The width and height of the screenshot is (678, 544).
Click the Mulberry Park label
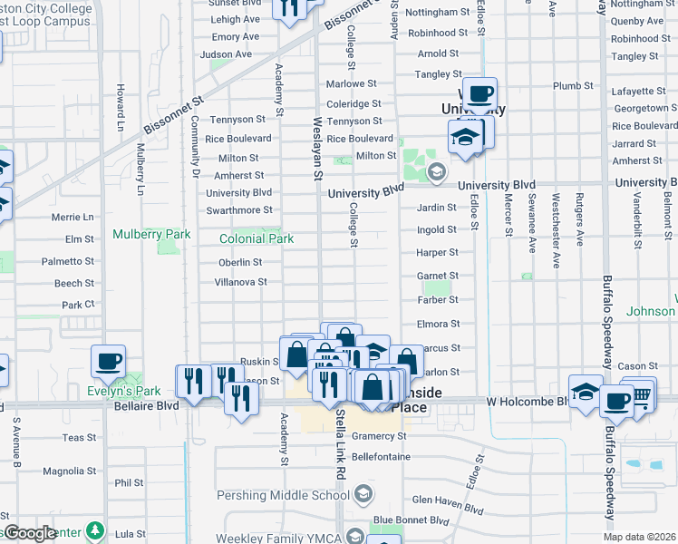151,234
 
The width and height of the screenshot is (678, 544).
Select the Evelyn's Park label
124,392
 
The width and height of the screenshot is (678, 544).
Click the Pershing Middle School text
282,496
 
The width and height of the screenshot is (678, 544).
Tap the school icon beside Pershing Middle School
363,495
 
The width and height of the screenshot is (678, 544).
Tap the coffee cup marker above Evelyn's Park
108,361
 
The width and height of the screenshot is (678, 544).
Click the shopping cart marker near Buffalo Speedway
641,393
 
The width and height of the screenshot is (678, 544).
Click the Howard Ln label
120,106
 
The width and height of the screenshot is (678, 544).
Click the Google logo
30,533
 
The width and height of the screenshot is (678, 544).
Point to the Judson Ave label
226,54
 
